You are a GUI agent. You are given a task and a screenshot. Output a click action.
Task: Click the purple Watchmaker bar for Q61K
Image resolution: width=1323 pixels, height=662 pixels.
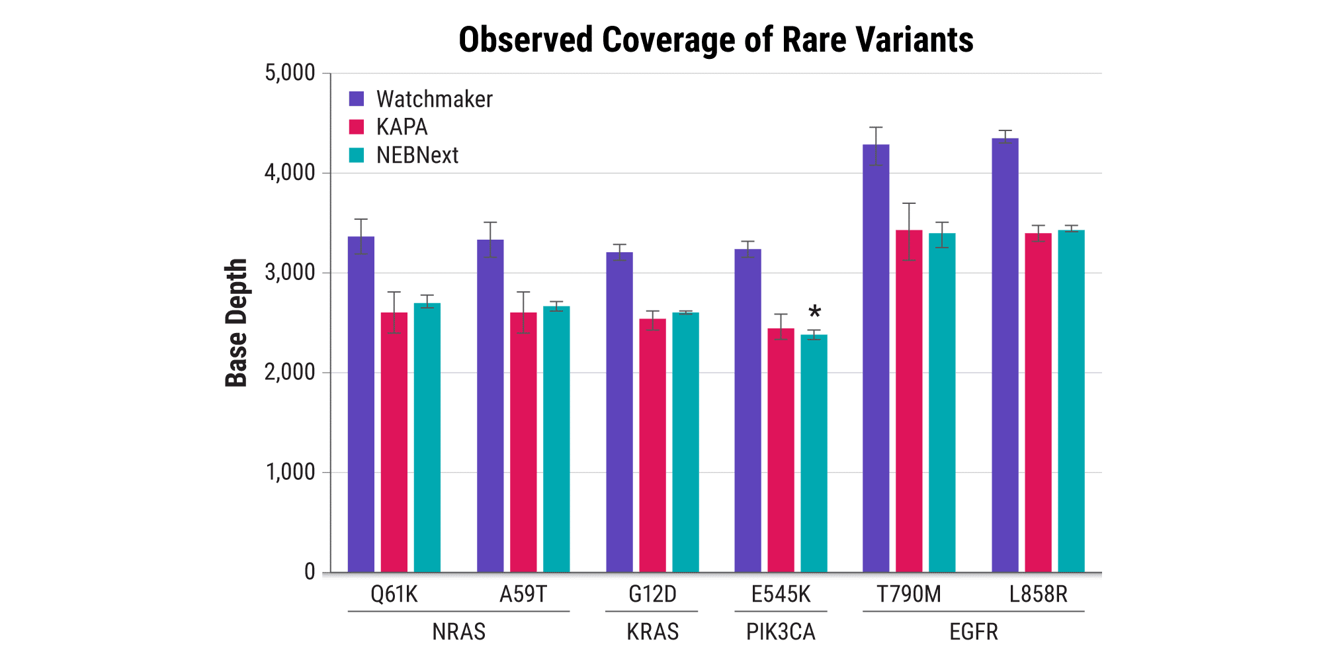[361, 404]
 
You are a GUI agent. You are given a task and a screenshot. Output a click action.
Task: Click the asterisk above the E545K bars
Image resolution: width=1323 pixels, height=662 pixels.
[815, 312]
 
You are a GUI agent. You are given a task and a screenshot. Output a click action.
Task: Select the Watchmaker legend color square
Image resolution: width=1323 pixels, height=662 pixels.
[357, 99]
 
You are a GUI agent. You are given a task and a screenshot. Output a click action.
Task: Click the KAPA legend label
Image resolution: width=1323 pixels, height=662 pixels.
[402, 126]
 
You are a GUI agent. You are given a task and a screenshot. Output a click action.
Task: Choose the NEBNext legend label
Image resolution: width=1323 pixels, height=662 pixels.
[417, 155]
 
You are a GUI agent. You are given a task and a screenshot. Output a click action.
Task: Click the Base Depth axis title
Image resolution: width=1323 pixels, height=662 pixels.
[236, 322]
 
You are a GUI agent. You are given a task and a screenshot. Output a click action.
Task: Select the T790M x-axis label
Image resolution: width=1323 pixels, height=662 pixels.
[909, 594]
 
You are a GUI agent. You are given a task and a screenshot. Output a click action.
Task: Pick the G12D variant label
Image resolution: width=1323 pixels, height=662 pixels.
[652, 594]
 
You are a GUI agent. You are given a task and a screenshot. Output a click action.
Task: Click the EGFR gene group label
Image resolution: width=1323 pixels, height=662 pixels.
[973, 632]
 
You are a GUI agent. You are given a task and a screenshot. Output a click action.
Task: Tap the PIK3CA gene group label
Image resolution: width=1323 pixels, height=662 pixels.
[781, 632]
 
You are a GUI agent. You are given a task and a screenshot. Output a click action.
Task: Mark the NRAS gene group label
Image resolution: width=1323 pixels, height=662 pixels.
[458, 632]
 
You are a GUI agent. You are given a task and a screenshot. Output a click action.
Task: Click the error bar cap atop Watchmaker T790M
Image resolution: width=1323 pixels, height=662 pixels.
[876, 127]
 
